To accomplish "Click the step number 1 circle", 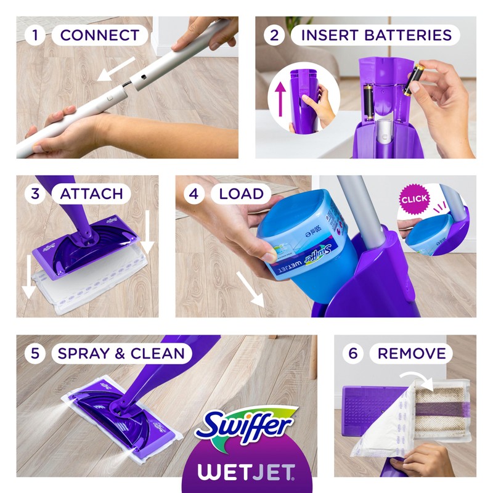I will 35,35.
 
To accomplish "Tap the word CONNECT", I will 99,35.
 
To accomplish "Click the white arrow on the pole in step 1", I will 117,69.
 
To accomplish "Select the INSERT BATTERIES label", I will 376,35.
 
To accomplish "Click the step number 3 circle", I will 35,194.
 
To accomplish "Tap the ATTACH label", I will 91,194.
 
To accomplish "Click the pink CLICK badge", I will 414,200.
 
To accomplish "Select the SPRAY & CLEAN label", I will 121,354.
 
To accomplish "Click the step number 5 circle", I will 35,354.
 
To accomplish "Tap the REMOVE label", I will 411,354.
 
